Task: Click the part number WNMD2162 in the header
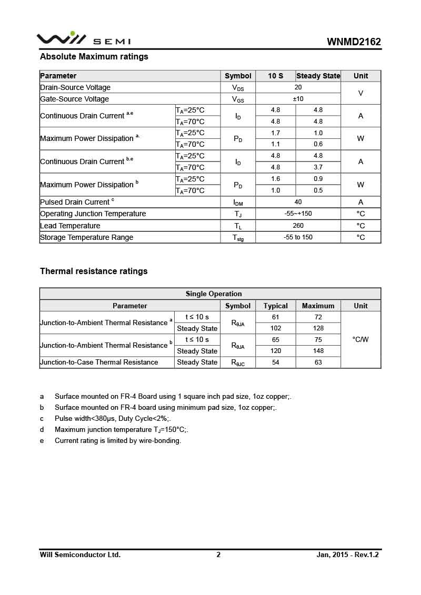354,42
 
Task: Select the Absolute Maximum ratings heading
94,56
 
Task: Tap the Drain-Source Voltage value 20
298,87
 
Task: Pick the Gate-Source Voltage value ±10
298,99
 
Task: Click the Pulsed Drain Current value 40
298,202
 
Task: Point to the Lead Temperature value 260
298,226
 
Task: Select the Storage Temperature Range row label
87,237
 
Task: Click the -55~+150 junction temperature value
298,214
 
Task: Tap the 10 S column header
275,76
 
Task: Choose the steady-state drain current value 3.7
318,167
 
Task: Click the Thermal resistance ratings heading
94,271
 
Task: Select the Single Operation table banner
214,294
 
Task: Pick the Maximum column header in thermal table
318,306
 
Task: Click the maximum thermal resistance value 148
318,351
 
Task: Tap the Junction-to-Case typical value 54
275,362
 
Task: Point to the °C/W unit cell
360,339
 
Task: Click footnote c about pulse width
113,419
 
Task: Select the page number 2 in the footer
218,554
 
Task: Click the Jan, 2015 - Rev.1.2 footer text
347,554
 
